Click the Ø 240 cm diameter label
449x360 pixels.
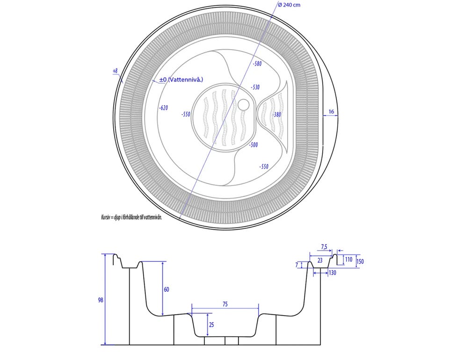point(289,5)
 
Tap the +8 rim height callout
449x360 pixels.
point(115,70)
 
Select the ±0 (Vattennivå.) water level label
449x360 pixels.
point(181,79)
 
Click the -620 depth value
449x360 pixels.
point(164,108)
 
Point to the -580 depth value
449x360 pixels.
point(257,64)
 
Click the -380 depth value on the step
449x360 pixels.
point(276,115)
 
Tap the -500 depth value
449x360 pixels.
point(253,145)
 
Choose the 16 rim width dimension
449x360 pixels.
point(331,112)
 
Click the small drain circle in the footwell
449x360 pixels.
point(244,104)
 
